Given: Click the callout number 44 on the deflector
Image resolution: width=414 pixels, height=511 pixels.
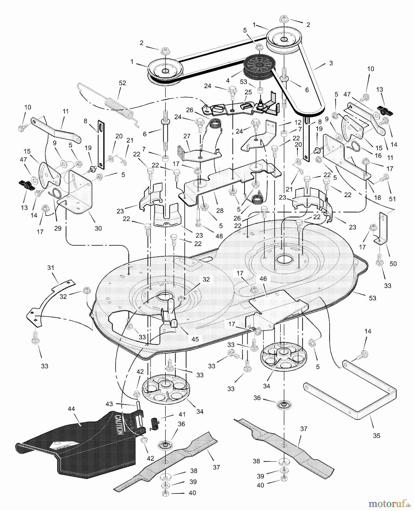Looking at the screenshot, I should pos(71,409).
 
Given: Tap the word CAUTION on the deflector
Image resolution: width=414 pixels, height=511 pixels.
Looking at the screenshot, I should pos(119,424).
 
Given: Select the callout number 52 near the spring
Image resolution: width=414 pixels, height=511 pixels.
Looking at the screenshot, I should pos(122,83).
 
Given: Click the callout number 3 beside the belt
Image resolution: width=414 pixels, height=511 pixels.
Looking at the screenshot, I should pos(331,63).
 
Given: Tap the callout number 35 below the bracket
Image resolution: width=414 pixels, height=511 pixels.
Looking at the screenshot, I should pos(376,435).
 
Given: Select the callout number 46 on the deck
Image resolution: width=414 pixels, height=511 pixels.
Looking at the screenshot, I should pos(263,279).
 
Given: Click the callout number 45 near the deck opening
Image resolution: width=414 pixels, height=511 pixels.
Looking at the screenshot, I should pos(195,339).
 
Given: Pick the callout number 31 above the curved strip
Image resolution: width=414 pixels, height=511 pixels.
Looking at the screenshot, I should pos(51,267).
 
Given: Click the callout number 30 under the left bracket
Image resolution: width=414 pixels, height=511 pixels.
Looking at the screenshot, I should pos(98,228).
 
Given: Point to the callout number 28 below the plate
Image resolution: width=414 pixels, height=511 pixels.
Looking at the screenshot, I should pos(220,210).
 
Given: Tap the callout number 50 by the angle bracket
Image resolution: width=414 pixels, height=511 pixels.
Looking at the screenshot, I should pos(393,263).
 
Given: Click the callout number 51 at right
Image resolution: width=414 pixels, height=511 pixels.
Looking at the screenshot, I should pos(392,199).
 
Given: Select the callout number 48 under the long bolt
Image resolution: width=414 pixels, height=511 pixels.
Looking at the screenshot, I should pos(219,236).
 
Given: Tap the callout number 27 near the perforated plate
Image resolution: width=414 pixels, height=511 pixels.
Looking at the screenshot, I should pos(187,137).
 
